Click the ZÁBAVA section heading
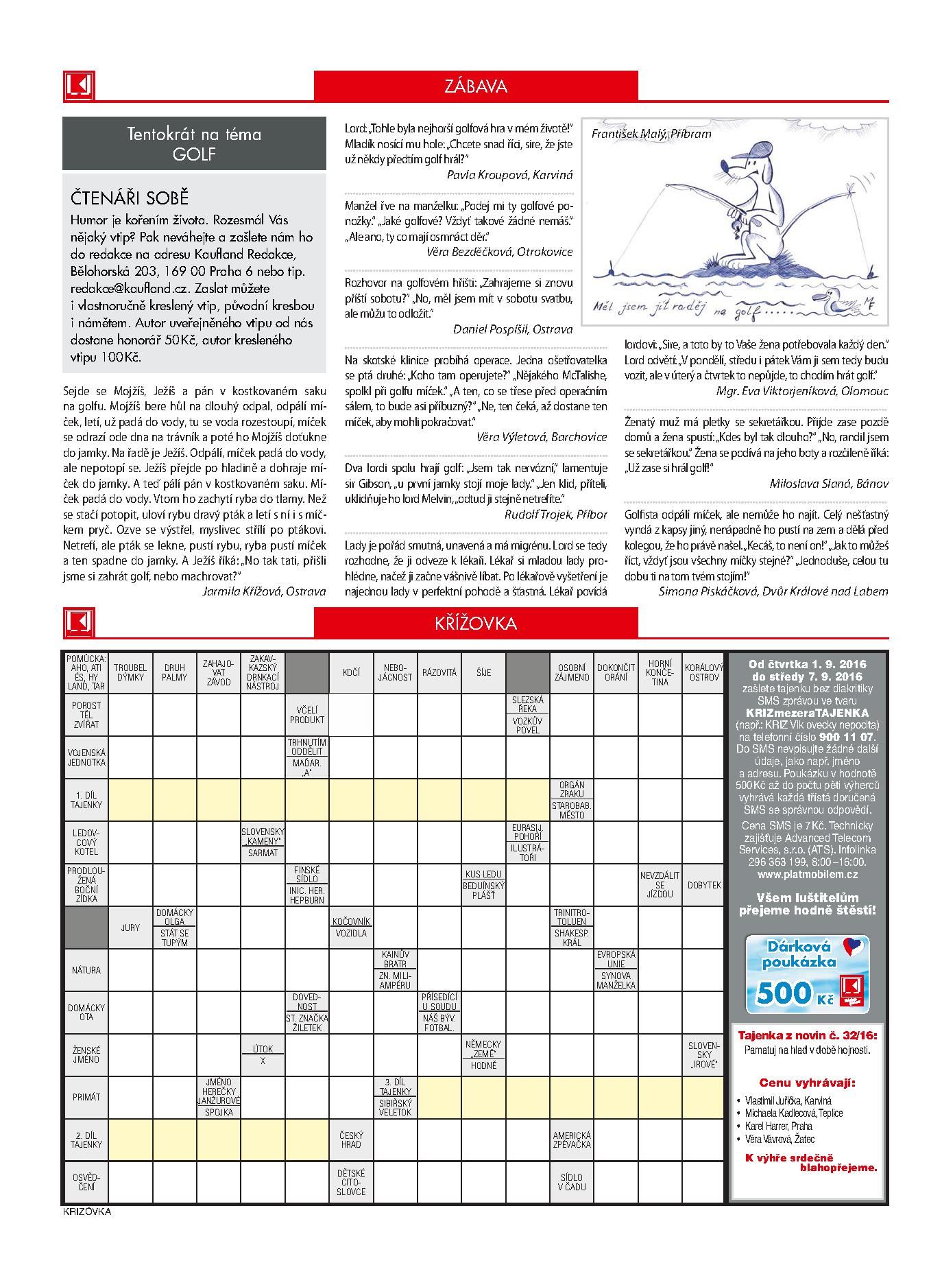[475, 86]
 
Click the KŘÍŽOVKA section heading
[475, 624]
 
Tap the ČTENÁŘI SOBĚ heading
[130, 198]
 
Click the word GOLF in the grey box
[194, 153]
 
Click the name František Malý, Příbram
[651, 134]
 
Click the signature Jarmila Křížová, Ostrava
[264, 591]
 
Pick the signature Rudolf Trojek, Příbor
[555, 514]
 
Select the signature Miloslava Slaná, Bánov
[828, 483]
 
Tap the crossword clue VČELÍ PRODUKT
[307, 715]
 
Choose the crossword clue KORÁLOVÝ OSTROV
[703, 672]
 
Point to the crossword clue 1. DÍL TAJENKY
[86, 799]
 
